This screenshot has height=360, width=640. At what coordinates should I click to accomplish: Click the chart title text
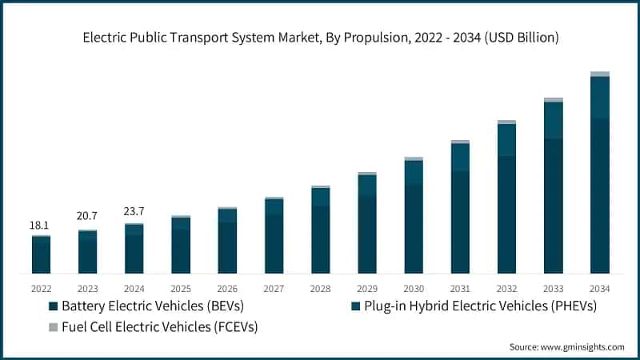[320, 38]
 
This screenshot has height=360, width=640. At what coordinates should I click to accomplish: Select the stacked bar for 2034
[600, 176]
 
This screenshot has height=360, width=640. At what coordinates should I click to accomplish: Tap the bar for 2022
[41, 254]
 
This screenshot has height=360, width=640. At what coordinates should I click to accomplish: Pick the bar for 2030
[414, 216]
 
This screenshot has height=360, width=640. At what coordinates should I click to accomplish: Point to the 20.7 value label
[87, 217]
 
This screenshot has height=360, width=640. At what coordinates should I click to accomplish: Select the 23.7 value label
[134, 211]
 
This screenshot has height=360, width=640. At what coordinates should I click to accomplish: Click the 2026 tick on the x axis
[227, 288]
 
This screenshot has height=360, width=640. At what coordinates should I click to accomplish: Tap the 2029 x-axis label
[367, 288]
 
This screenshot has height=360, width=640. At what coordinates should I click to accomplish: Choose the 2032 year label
[506, 288]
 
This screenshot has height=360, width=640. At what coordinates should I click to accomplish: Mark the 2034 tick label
[600, 288]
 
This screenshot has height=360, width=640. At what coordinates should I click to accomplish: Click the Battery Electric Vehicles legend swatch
[54, 306]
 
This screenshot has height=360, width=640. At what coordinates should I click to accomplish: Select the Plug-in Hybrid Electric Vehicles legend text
[480, 306]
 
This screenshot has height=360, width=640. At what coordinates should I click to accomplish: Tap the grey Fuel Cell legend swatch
[54, 326]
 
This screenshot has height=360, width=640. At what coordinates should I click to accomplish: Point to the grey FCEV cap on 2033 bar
[554, 100]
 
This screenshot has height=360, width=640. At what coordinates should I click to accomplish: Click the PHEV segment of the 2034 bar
[600, 98]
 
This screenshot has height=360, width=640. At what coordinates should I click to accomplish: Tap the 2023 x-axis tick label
[87, 288]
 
